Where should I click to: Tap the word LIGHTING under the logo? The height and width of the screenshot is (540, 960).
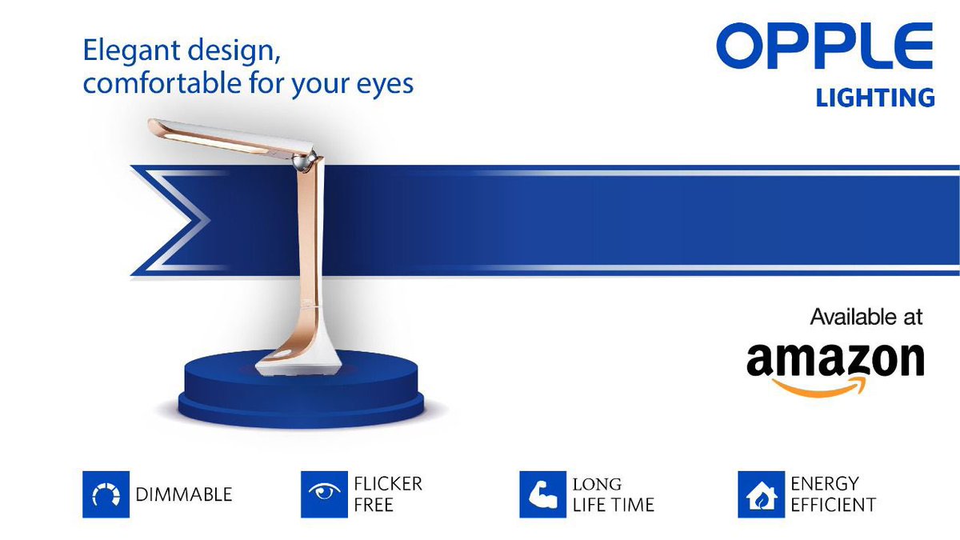pyautogui.click(x=875, y=98)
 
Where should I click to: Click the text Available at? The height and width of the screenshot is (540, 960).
pyautogui.click(x=866, y=317)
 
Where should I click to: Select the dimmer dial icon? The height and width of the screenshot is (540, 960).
pyautogui.click(x=106, y=494)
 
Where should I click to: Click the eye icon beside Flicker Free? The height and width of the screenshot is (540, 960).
pyautogui.click(x=324, y=494)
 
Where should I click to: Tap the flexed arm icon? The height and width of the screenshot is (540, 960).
pyautogui.click(x=542, y=494)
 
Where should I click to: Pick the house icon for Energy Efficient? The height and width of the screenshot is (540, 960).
pyautogui.click(x=761, y=494)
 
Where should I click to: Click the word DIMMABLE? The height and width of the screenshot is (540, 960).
pyautogui.click(x=184, y=495)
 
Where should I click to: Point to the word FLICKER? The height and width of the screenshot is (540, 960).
pyautogui.click(x=387, y=484)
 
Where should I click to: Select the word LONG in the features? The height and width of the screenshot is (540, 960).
pyautogui.click(x=596, y=484)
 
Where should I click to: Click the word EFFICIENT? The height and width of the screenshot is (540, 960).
pyautogui.click(x=833, y=505)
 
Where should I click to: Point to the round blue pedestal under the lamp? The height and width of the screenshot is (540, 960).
pyautogui.click(x=301, y=396)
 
